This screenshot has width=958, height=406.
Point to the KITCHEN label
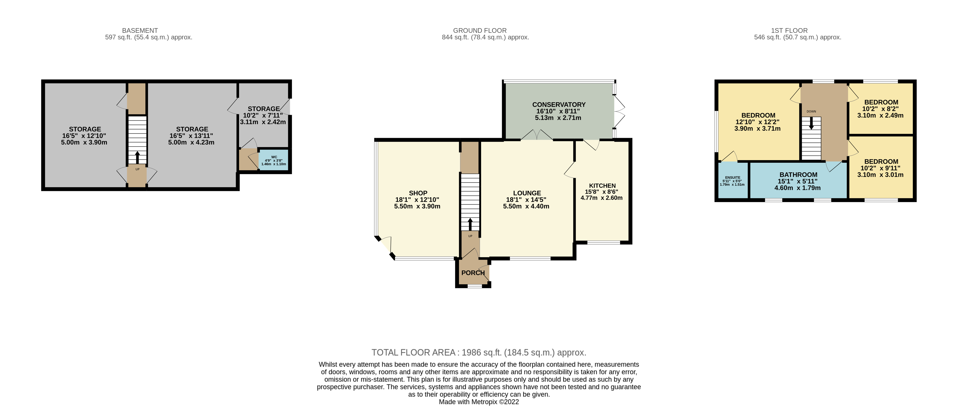[x=602, y=186]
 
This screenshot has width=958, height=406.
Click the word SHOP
[x=418, y=193]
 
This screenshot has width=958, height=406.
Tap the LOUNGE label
[x=527, y=193]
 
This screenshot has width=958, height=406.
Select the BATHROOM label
[x=798, y=174]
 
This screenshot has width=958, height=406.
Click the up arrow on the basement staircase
[x=137, y=157]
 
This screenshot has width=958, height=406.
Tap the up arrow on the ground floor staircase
[x=470, y=224]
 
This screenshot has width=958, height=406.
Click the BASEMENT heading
[x=140, y=31]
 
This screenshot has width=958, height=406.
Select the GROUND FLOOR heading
[x=479, y=31]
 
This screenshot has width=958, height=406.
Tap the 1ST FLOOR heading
[x=789, y=31]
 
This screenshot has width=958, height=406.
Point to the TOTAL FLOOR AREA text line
[x=479, y=352]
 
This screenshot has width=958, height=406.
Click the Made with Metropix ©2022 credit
[x=479, y=402]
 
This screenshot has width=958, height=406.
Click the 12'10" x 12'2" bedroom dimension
[x=757, y=122]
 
